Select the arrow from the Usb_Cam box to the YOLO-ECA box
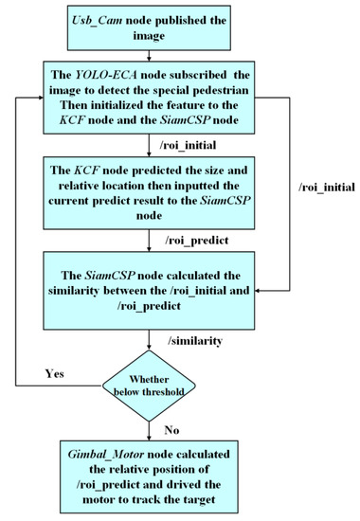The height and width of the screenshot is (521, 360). tap(153, 53)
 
